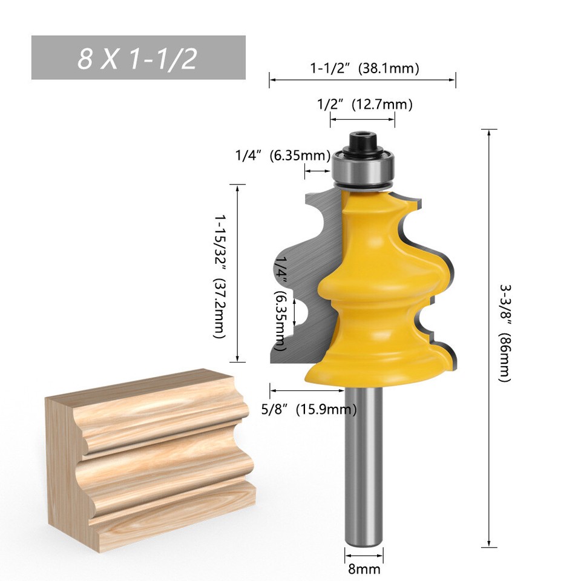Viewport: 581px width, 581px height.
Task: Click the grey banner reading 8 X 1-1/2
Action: tap(138, 57)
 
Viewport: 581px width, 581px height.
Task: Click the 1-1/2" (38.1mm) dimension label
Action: tap(364, 68)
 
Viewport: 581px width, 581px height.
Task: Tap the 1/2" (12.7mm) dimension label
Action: tap(365, 105)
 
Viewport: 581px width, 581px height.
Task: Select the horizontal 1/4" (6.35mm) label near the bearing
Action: tap(283, 156)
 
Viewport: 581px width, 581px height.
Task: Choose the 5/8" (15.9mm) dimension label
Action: tap(309, 410)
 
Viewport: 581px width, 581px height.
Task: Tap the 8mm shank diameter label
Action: tap(364, 568)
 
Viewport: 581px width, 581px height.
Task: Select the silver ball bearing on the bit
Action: tap(363, 168)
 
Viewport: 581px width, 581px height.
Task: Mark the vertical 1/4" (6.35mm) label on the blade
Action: tap(280, 303)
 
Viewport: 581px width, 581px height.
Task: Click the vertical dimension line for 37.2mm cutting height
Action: tap(237, 274)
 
